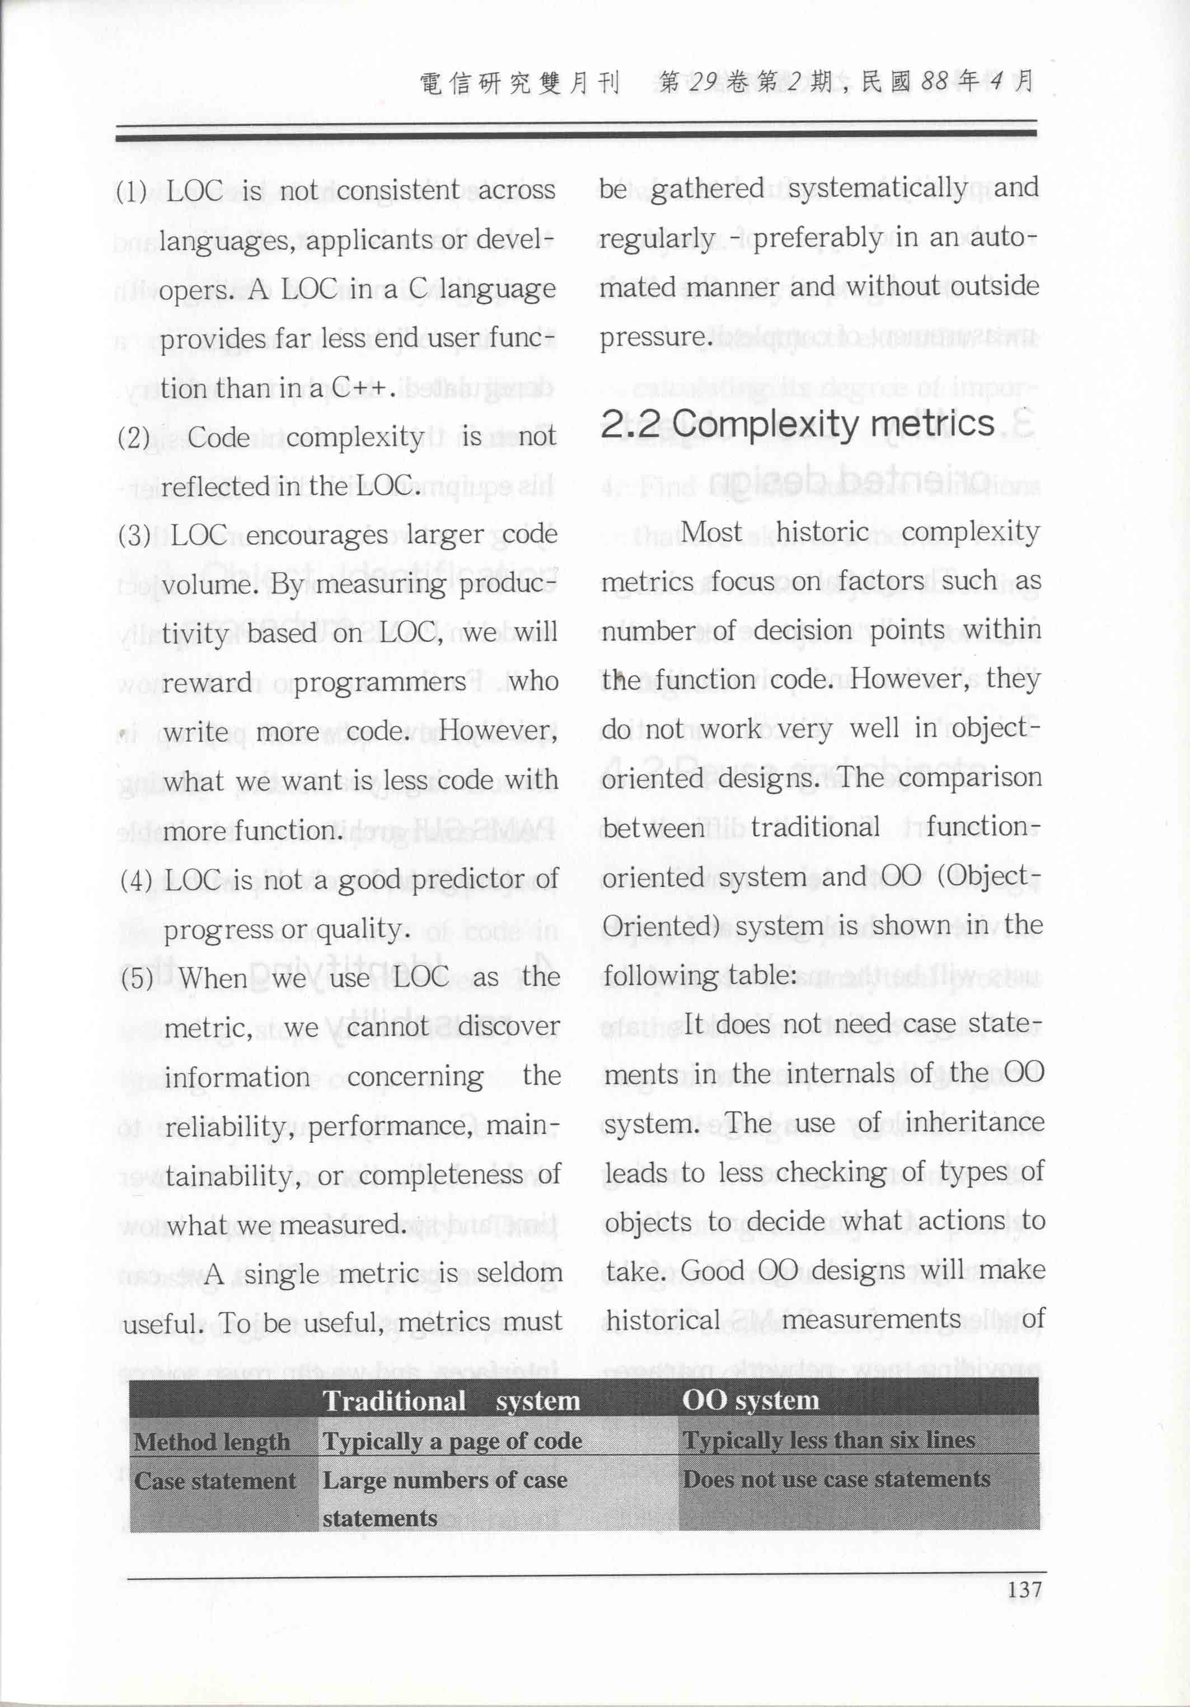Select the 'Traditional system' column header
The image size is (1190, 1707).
[451, 1401]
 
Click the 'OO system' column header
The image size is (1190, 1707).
[751, 1400]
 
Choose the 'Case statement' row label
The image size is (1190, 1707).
[215, 1480]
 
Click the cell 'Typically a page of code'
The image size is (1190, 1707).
[452, 1441]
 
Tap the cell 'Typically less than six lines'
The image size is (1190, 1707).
[828, 1440]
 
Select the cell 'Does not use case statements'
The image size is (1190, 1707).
[836, 1479]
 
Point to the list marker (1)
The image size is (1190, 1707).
[132, 192]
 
